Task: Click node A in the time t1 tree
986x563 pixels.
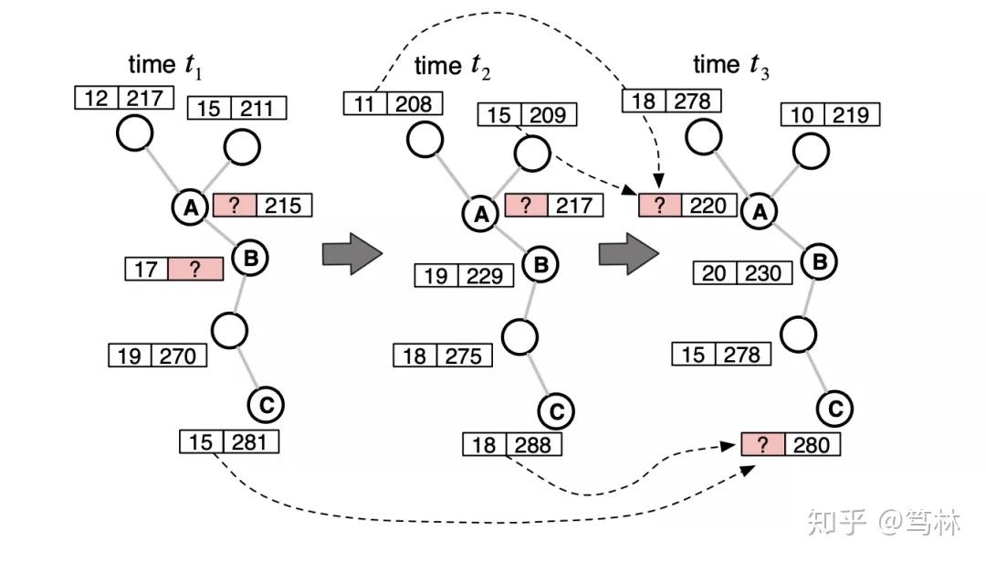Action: pos(191,207)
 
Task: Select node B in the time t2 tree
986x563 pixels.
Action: pos(540,265)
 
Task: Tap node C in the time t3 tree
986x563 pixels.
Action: pos(834,409)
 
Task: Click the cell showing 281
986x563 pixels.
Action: pos(251,443)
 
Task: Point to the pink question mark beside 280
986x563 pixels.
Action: pos(763,445)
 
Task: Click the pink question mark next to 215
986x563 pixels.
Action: pos(235,206)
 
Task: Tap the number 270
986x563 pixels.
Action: pos(179,356)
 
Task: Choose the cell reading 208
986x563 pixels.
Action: pos(414,103)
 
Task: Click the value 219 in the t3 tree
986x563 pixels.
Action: pos(852,115)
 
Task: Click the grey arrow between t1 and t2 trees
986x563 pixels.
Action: pos(350,253)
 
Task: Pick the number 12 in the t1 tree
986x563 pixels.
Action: pos(96,98)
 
